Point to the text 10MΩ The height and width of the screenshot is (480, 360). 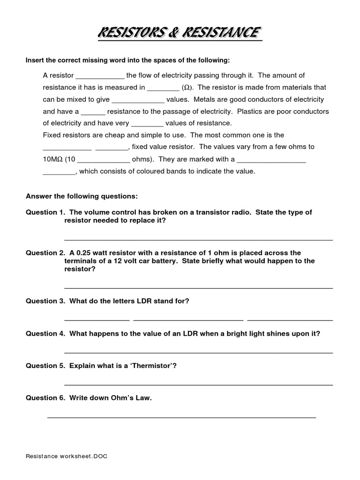pos(52,159)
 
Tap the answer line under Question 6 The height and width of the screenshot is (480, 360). pos(182,417)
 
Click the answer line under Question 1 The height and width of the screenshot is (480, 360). pos(198,239)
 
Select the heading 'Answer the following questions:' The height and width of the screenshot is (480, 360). pos(82,195)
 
